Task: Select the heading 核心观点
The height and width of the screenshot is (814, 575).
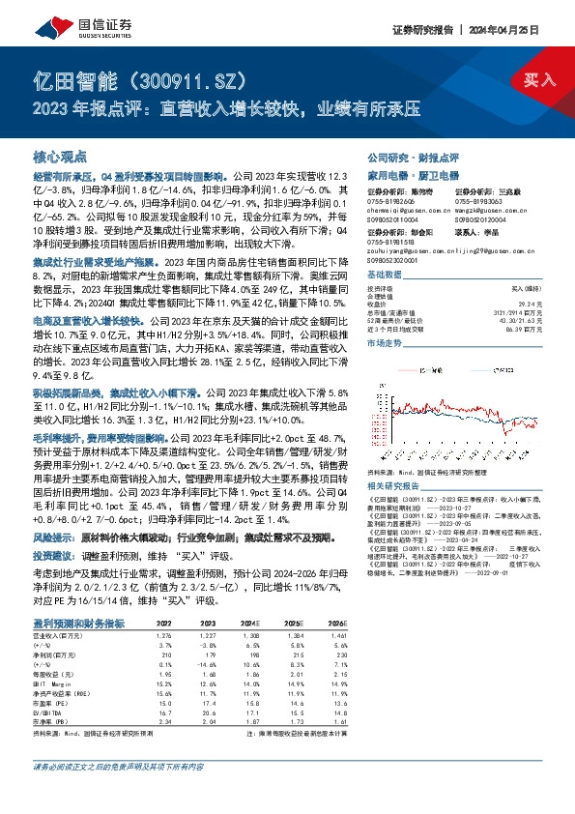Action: coord(60,155)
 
